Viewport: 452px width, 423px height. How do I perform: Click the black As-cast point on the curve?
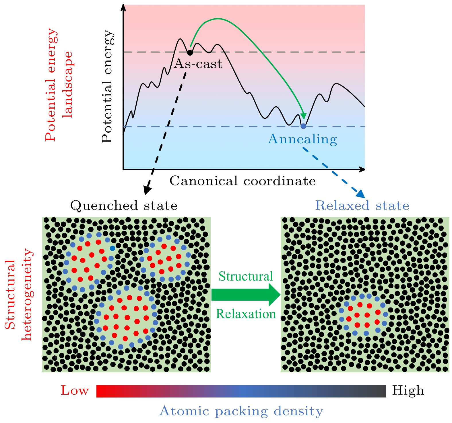[x=190, y=52]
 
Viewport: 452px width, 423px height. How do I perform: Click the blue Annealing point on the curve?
[x=303, y=126]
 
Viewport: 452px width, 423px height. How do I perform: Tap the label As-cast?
[x=198, y=64]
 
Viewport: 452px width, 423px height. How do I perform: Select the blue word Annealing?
[x=302, y=139]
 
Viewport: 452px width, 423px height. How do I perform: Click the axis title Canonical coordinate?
[x=243, y=181]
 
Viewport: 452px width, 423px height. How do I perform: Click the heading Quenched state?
[x=124, y=206]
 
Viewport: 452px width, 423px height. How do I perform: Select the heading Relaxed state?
[x=362, y=206]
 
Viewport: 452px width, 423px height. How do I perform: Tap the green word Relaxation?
[x=246, y=314]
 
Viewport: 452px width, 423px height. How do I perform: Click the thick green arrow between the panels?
[x=246, y=295]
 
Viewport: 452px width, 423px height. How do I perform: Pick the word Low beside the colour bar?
[x=75, y=391]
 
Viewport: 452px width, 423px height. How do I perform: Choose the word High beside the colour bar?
[x=408, y=391]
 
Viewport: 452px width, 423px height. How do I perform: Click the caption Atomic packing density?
[x=241, y=411]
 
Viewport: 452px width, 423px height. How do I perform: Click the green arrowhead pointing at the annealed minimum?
[x=303, y=116]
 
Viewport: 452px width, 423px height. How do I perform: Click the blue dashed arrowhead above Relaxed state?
[x=361, y=194]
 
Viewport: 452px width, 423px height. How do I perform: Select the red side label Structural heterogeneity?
[x=19, y=295]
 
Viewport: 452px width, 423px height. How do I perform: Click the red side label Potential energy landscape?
[x=59, y=85]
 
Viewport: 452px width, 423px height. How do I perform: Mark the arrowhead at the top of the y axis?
[x=123, y=7]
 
